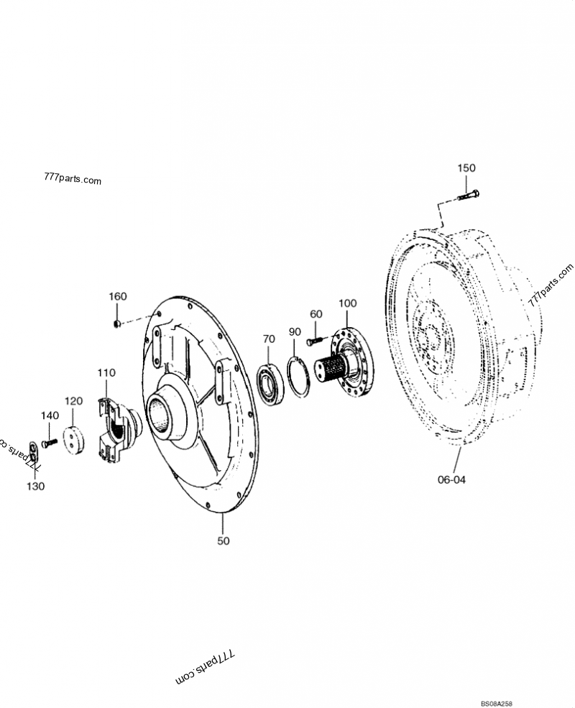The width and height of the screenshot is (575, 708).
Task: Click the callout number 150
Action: coord(466,167)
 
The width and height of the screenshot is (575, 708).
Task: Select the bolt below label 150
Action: coord(467,194)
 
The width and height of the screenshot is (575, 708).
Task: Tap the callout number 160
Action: coord(117,297)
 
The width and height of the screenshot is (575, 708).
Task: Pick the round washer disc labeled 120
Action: coord(74,440)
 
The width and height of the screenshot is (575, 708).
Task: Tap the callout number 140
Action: coord(49,415)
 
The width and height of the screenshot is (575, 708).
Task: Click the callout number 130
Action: coord(36,486)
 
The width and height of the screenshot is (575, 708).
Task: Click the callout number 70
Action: coord(268,339)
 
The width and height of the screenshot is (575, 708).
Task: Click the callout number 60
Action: coord(316,314)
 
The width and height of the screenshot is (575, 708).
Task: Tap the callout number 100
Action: coord(347,303)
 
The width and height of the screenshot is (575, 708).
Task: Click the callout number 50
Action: coord(224,541)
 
